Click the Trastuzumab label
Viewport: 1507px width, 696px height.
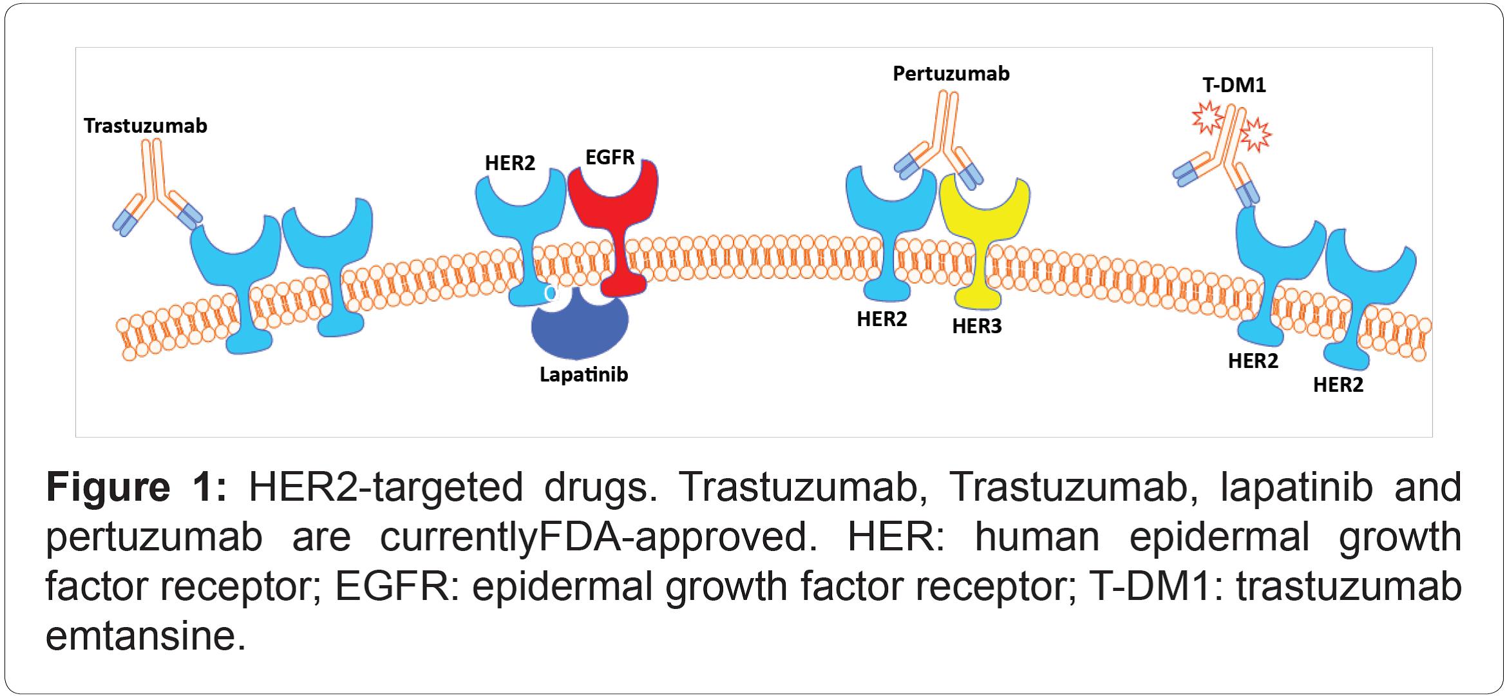click(x=146, y=126)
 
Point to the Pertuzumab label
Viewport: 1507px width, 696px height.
click(x=951, y=74)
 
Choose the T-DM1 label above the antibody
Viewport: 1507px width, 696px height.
click(x=1233, y=85)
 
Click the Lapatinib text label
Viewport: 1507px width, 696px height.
click(x=583, y=374)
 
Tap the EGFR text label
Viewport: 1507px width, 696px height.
click(x=609, y=157)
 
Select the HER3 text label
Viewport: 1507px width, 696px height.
click(x=976, y=326)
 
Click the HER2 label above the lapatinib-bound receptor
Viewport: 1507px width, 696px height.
click(x=509, y=163)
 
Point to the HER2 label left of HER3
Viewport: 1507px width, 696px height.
click(x=881, y=319)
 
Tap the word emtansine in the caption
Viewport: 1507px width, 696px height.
click(x=146, y=636)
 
